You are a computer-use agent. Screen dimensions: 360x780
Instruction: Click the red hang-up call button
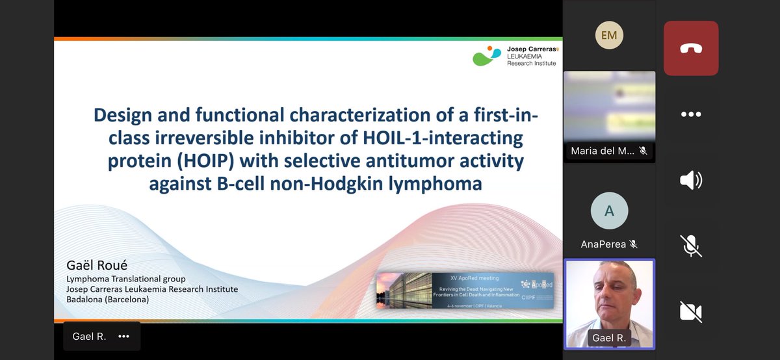[x=690, y=48]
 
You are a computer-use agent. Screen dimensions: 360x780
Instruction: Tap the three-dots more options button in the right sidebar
[x=690, y=114]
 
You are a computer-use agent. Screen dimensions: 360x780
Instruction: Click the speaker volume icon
[x=690, y=180]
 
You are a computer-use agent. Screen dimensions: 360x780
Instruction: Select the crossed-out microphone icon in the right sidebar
[x=690, y=246]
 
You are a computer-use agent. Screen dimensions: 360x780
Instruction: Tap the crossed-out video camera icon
[x=690, y=311]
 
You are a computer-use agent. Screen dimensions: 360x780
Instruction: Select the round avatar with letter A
[x=609, y=211]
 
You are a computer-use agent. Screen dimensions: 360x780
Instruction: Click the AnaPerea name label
[x=604, y=244]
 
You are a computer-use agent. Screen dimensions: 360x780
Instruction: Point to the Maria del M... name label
[x=603, y=151]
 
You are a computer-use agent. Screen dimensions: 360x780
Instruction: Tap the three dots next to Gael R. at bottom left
[x=123, y=337]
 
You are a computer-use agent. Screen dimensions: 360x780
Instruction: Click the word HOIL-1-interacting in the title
[x=448, y=137]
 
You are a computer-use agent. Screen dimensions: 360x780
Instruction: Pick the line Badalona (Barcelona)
[x=107, y=300]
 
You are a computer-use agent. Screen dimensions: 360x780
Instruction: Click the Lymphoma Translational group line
[x=126, y=279]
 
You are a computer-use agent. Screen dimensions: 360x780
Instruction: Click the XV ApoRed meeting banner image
[x=465, y=290]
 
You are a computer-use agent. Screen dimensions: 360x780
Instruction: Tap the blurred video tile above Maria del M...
[x=609, y=107]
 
